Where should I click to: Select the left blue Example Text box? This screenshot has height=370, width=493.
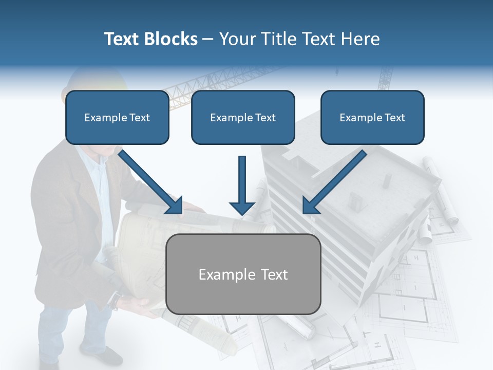click(117, 118)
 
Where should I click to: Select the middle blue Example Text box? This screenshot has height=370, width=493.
click(243, 118)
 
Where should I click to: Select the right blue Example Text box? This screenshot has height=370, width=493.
click(372, 118)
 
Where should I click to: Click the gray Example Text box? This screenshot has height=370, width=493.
click(243, 274)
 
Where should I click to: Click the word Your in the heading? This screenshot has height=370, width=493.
click(237, 39)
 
